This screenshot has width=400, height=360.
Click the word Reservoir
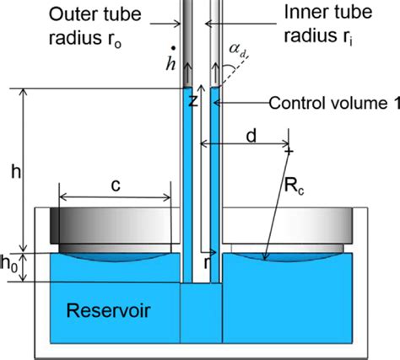coord(109,310)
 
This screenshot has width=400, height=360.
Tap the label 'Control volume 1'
coord(334,103)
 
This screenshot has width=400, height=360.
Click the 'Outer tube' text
coord(95,13)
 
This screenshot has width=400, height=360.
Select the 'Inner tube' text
coord(328,12)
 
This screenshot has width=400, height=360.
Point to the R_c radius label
coord(295,185)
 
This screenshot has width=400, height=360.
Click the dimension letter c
coord(116,185)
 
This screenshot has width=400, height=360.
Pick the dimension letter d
coord(251,136)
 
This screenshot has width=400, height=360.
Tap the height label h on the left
coord(16,171)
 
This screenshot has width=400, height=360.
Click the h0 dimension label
coord(9,264)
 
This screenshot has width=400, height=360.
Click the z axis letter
coord(193,101)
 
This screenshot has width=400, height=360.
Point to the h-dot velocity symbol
coord(170,59)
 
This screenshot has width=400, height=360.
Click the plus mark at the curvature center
coord(289,152)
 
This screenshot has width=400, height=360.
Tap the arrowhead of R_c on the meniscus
coord(264,256)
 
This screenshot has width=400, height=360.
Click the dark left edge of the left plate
coord(55,226)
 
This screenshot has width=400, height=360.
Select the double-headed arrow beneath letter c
coord(115,197)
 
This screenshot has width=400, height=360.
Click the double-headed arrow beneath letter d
coord(245,144)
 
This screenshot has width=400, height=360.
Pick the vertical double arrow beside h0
coord(24,267)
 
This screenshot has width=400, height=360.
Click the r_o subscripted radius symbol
coord(111,40)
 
